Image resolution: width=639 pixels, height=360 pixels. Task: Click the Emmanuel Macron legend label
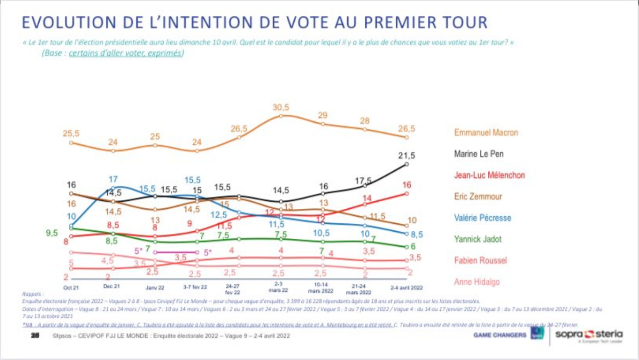coord(486,133)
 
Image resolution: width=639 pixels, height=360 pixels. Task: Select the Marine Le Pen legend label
coord(479,154)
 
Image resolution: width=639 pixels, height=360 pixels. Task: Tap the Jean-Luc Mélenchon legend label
coord(489,175)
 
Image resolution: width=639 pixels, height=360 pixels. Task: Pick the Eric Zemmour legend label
coord(478,196)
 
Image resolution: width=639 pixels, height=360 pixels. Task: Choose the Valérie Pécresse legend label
coord(483,218)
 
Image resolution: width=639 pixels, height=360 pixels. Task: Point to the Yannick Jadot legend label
coord(478,239)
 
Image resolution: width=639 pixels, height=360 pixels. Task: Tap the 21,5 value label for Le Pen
coord(407,155)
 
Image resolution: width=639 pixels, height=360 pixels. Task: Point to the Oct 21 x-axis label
coord(71,287)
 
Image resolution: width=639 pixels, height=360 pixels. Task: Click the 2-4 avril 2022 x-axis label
coord(407,287)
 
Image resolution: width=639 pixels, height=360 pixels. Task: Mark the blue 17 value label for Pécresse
coord(113,179)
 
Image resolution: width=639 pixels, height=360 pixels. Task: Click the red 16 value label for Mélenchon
coord(407,185)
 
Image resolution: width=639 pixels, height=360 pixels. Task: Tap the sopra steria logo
coord(589,334)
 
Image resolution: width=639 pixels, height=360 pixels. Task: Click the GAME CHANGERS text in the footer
coord(500,335)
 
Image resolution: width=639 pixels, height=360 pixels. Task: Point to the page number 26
coord(34,335)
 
